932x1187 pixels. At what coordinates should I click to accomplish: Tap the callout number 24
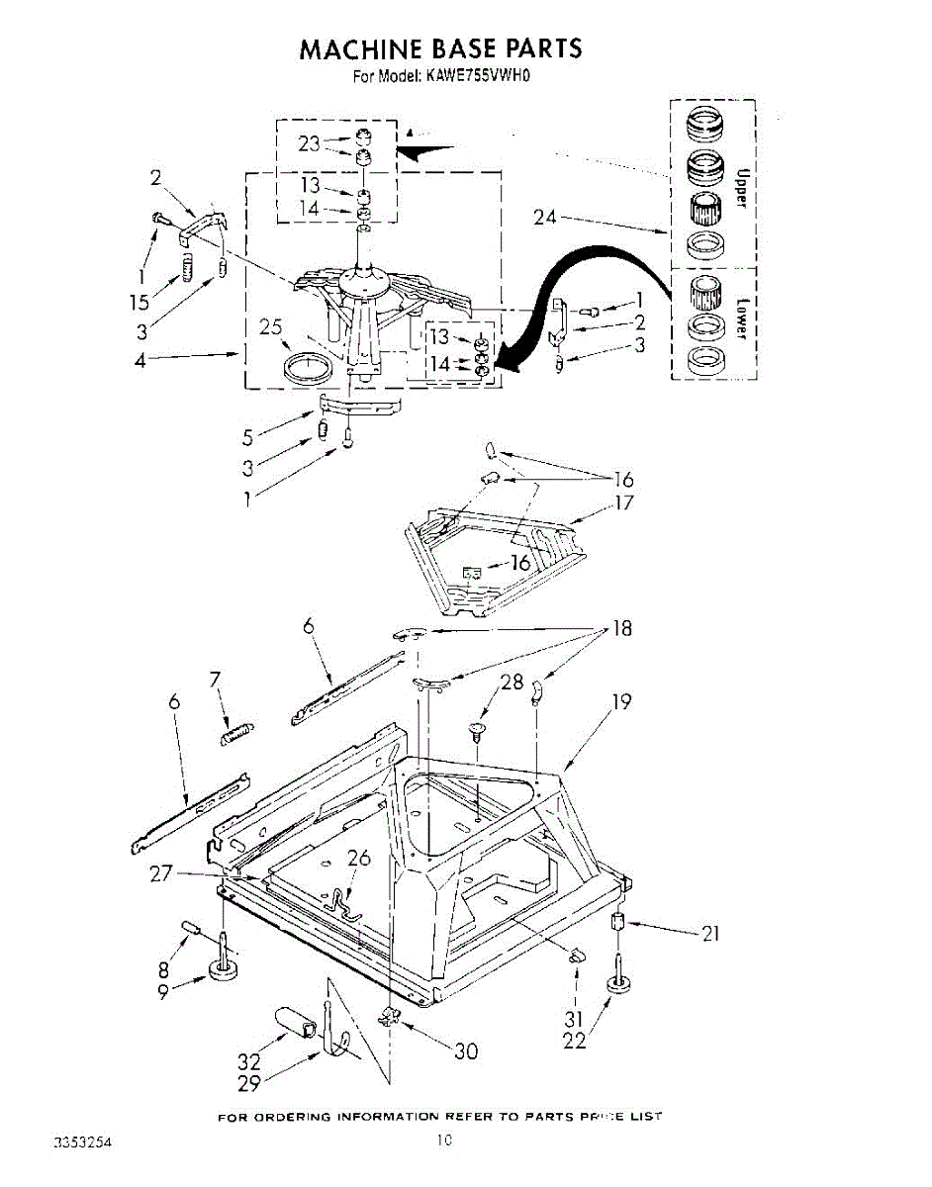tap(546, 216)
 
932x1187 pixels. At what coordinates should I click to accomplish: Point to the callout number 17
tap(623, 502)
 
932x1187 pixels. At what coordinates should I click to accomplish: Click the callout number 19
tap(621, 702)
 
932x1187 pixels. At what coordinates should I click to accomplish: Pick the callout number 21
tap(709, 932)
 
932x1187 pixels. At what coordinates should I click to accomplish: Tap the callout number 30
tap(465, 1050)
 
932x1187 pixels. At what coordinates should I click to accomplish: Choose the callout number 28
tap(512, 682)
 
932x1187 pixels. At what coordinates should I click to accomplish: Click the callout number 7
tap(215, 679)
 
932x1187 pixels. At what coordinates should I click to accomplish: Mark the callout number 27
tap(162, 873)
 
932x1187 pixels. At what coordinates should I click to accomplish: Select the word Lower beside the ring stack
tap(739, 317)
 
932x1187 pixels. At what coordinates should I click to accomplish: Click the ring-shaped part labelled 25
tap(307, 368)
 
